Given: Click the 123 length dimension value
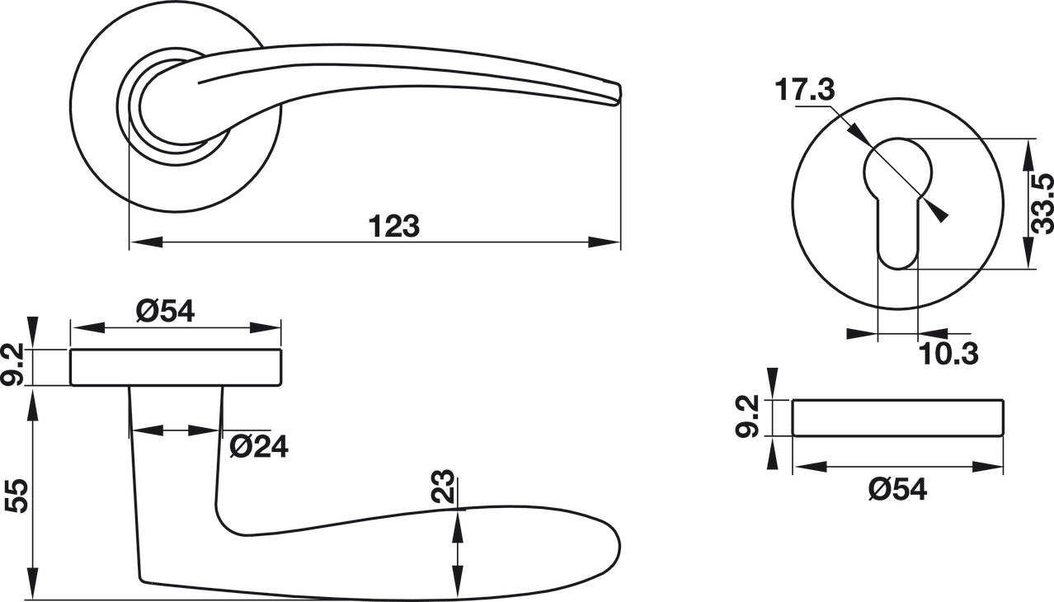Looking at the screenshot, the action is pos(394,227).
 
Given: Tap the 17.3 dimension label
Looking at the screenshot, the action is pos(805,91).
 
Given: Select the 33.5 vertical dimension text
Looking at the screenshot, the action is pos(1042,204).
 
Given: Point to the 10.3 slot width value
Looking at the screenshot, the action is pos(948,354).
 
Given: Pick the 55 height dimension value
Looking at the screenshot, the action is pos(16,496).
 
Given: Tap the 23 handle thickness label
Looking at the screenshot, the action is pos(443,486).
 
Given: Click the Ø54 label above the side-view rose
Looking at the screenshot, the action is pos(165,311).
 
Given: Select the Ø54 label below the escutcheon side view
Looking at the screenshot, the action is pos(898,490).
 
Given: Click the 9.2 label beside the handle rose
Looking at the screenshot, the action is pos(12,364).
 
